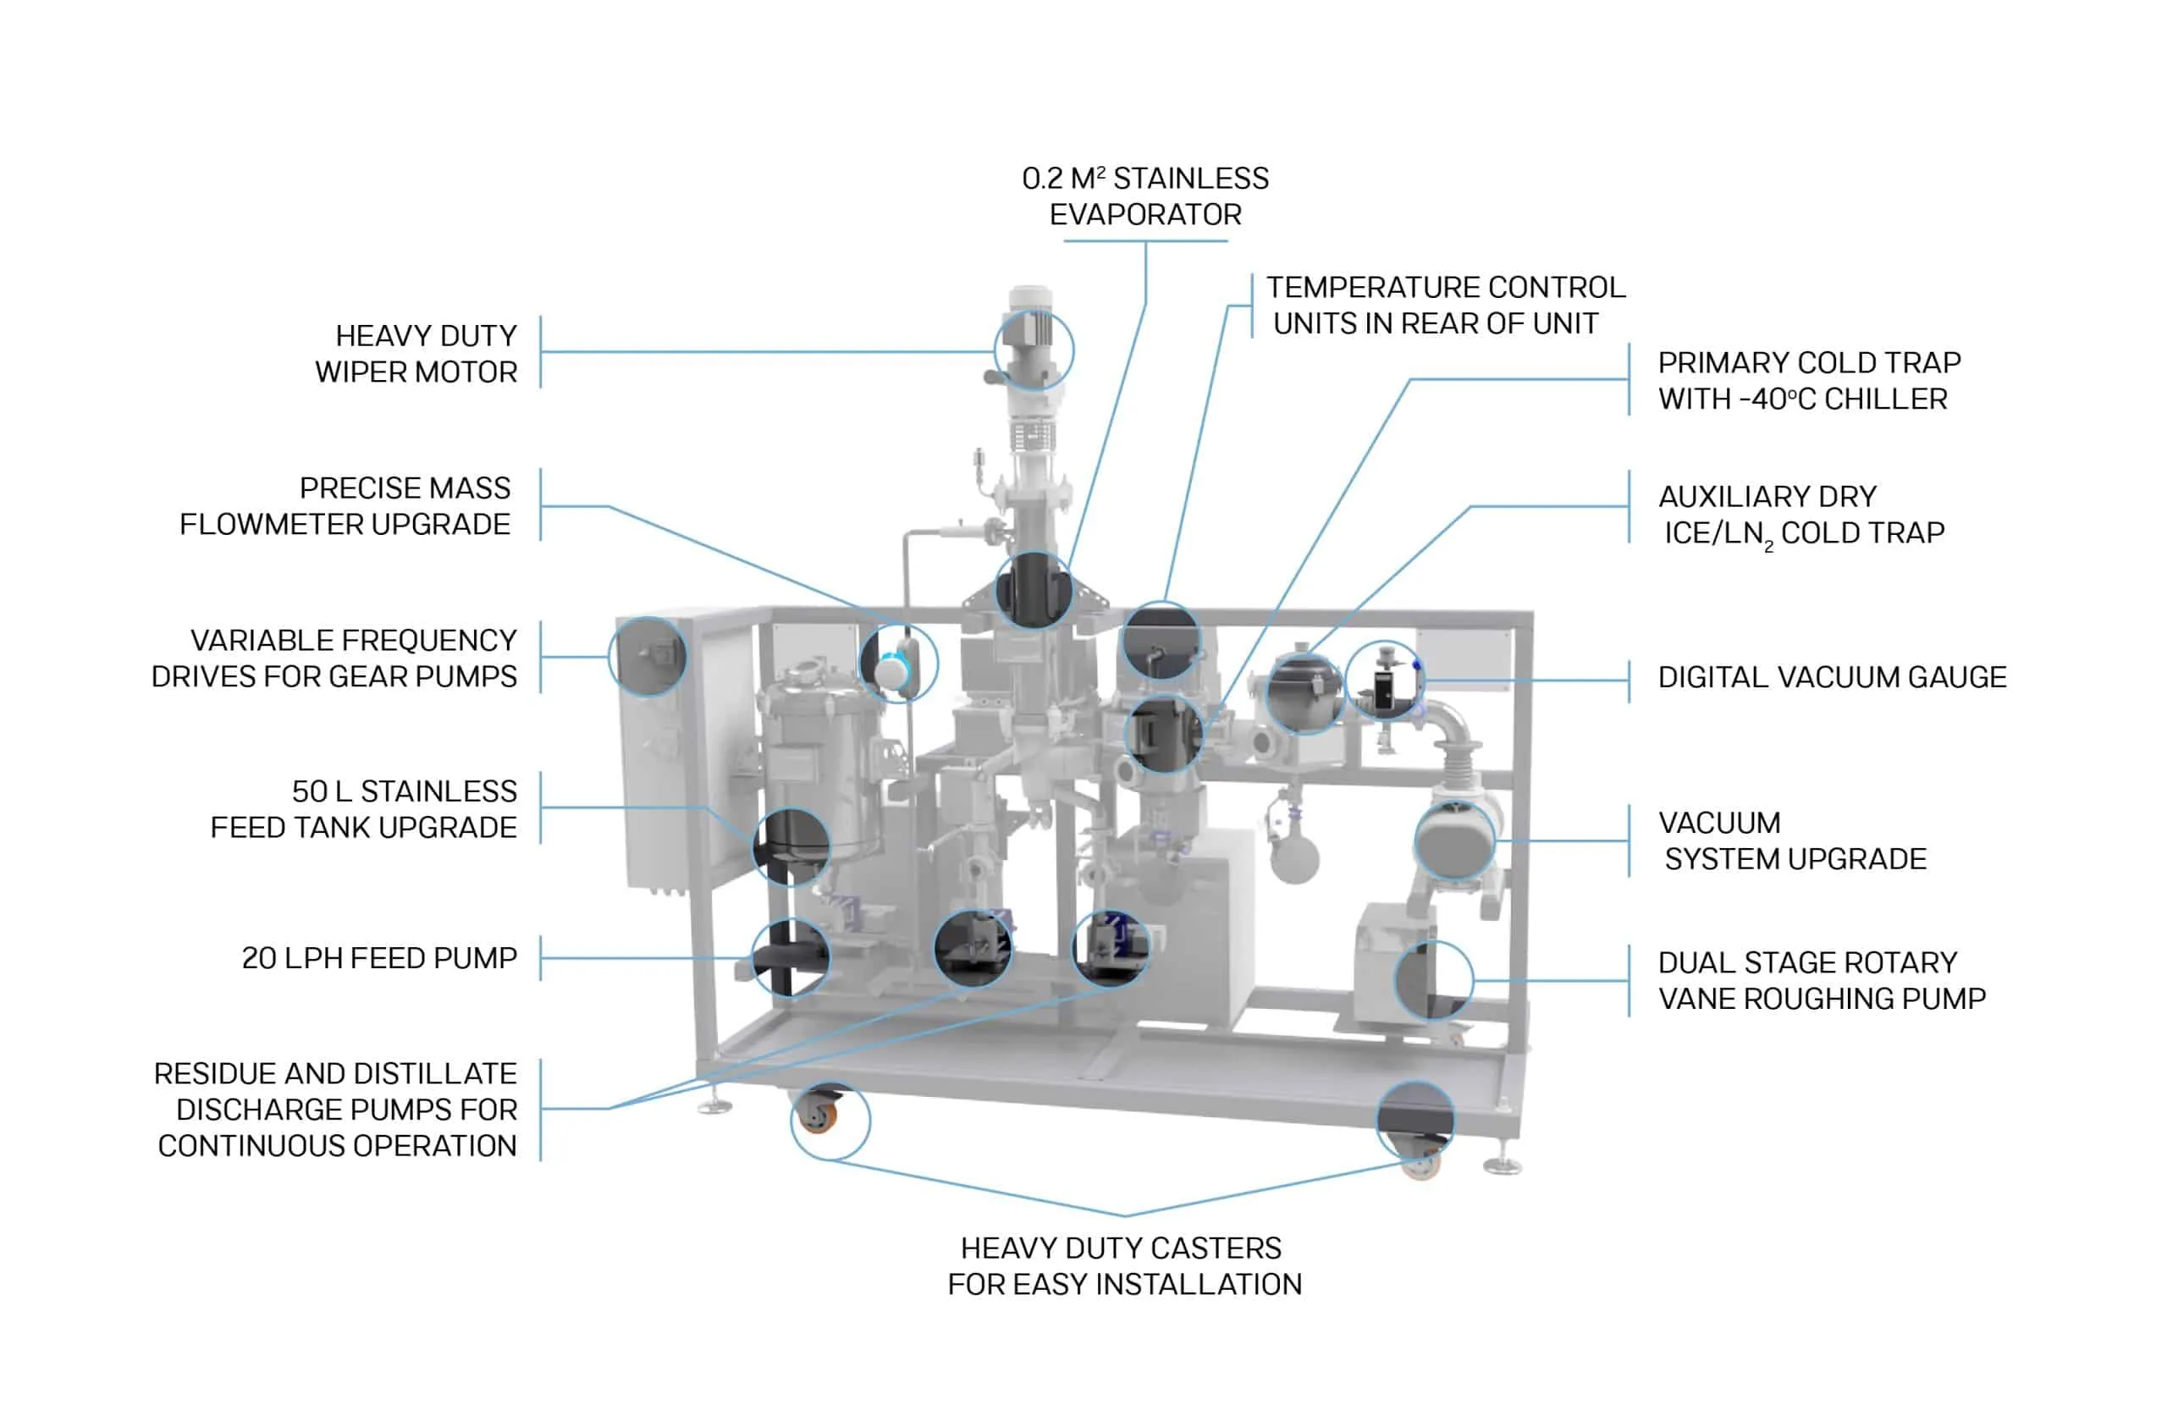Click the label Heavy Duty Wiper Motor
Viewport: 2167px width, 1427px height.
click(x=416, y=353)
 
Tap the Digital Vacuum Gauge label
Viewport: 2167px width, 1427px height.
click(x=1832, y=678)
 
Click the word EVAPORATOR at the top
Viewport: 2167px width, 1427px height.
click(x=1145, y=215)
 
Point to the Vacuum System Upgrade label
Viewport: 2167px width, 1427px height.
click(x=1792, y=840)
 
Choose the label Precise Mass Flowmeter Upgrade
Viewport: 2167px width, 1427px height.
click(x=345, y=506)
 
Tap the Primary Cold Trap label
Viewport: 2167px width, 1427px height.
click(x=1809, y=381)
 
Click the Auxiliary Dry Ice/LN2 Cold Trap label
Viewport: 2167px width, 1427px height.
click(x=1801, y=515)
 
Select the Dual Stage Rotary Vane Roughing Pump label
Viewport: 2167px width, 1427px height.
click(x=1822, y=981)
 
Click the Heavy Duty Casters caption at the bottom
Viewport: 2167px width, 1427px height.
click(x=1124, y=1266)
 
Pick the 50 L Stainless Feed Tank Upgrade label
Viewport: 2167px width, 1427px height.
click(x=363, y=808)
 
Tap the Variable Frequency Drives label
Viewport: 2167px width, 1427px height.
click(x=334, y=658)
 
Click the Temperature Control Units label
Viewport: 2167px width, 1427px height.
click(x=1446, y=305)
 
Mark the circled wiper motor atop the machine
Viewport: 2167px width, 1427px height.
click(x=1034, y=350)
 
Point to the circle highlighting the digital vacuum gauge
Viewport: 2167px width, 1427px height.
click(x=1385, y=680)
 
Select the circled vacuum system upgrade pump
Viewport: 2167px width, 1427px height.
click(x=1454, y=840)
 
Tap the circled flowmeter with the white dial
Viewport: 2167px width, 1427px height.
click(x=899, y=663)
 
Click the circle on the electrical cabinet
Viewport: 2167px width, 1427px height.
click(x=648, y=657)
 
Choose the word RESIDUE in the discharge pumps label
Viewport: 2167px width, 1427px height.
click(x=215, y=1074)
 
